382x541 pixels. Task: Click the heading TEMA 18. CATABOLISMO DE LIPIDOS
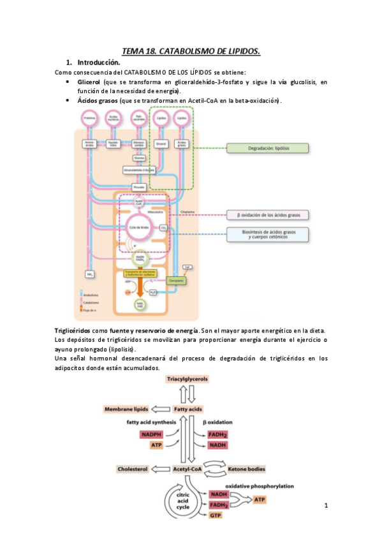pyautogui.click(x=191, y=51)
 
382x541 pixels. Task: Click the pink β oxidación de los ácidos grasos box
pyautogui.click(x=268, y=214)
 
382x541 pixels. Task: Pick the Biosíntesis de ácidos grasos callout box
pyautogui.click(x=268, y=235)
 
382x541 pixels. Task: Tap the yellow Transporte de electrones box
pyautogui.click(x=139, y=274)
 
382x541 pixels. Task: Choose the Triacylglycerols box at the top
pyautogui.click(x=187, y=379)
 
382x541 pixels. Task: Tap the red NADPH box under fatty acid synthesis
pyautogui.click(x=151, y=434)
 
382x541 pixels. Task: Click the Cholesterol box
pyautogui.click(x=132, y=469)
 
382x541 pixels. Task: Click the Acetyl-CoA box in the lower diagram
pyautogui.click(x=187, y=469)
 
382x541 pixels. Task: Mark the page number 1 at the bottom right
pyautogui.click(x=326, y=506)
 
